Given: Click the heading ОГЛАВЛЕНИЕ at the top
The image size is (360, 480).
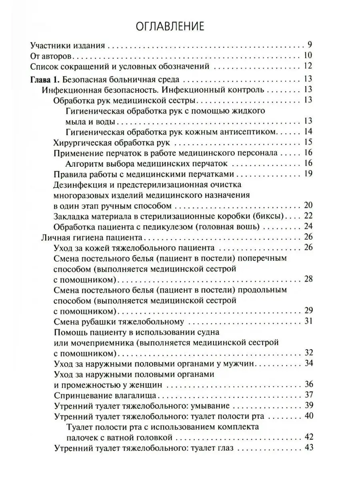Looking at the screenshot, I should click(170, 26).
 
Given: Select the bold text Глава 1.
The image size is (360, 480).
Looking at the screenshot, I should click(44, 78).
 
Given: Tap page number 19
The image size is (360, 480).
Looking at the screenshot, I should click(308, 174).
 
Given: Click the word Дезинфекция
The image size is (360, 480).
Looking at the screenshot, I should click(77, 185).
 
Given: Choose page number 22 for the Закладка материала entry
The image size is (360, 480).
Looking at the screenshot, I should click(308, 216).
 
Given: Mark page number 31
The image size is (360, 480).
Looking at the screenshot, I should click(308, 321).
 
